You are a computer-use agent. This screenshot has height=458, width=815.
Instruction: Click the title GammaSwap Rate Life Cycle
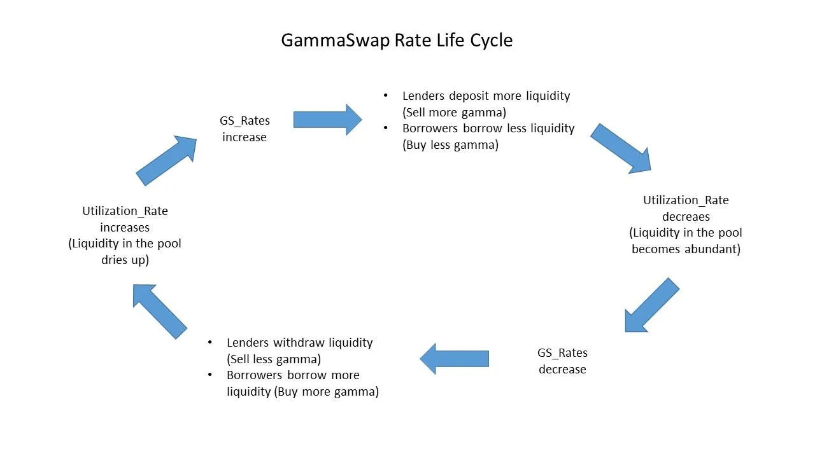point(397,40)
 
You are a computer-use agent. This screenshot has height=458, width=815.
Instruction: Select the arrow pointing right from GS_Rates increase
point(328,120)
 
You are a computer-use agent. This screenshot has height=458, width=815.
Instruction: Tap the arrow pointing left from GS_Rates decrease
point(454,359)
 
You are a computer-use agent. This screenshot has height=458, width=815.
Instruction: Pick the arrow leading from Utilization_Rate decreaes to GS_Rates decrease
point(651,305)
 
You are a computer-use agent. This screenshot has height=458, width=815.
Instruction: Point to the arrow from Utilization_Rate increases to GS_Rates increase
point(167,160)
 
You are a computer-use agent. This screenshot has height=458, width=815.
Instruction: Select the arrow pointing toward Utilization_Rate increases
point(159,311)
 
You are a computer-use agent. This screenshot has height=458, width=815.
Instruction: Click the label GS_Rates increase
point(244,128)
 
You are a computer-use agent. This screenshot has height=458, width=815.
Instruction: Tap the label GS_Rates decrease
point(562,361)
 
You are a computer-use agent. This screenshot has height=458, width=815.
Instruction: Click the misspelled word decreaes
point(686,217)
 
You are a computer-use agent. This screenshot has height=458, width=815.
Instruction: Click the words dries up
point(125,260)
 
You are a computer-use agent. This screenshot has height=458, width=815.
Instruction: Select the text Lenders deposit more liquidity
point(486,96)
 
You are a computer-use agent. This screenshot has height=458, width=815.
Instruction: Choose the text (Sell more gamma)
point(454,113)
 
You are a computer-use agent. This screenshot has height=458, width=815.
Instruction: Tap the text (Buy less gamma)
point(450,144)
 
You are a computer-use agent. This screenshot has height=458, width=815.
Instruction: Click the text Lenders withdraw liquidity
point(299,343)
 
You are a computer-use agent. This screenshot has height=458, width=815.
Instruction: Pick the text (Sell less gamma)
point(274,359)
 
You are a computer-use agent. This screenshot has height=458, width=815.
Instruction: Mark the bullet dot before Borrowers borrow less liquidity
point(386,128)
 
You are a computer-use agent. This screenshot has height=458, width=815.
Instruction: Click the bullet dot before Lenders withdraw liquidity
point(210,342)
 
